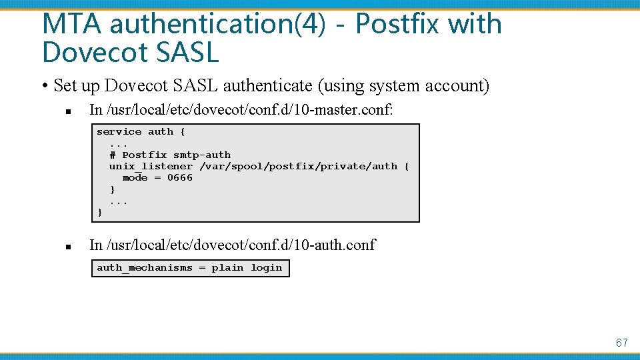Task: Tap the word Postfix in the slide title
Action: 398,24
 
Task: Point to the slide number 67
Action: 621,343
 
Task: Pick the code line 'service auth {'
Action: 141,132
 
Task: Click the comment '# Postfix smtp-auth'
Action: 170,155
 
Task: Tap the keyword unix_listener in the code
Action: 151,166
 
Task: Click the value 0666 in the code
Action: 180,177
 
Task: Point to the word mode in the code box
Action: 135,177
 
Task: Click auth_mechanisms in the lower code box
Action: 145,268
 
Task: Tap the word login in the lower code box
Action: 267,268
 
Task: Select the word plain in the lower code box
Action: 227,268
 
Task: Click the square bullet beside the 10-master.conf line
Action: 68,111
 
